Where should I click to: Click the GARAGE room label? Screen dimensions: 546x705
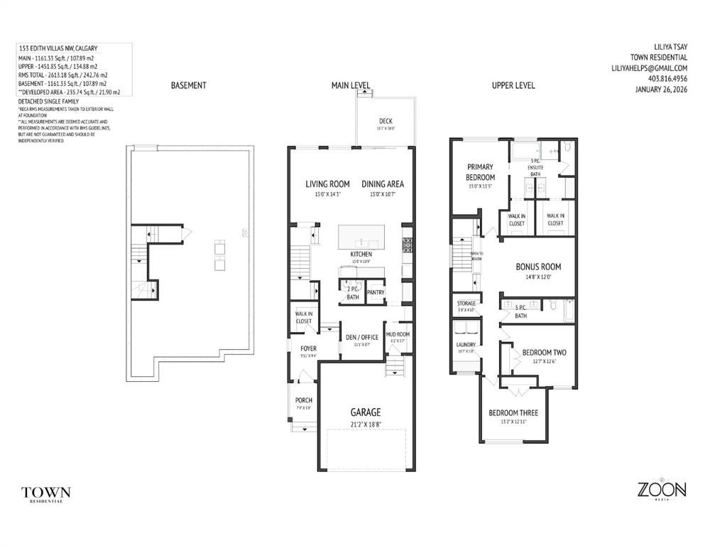(365, 412)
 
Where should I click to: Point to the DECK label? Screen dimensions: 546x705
(386, 121)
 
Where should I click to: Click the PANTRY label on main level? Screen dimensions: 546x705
(376, 292)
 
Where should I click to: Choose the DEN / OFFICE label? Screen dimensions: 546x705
(362, 337)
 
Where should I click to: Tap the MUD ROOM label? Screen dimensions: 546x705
(397, 334)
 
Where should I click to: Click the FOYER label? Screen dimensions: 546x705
(307, 348)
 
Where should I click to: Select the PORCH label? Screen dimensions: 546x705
(304, 400)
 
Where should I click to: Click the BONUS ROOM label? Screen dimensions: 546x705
(537, 267)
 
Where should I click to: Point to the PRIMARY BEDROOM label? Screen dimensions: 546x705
(480, 172)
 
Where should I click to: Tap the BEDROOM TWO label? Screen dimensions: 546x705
(544, 352)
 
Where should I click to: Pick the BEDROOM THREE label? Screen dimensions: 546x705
(513, 413)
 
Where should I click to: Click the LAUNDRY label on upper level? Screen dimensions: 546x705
(465, 345)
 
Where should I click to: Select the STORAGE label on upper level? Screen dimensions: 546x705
(466, 304)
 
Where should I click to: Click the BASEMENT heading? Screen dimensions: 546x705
(188, 85)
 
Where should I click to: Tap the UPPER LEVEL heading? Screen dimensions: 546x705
(513, 85)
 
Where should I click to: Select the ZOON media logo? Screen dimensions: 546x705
(660, 491)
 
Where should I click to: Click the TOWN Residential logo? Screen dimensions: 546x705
(46, 493)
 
